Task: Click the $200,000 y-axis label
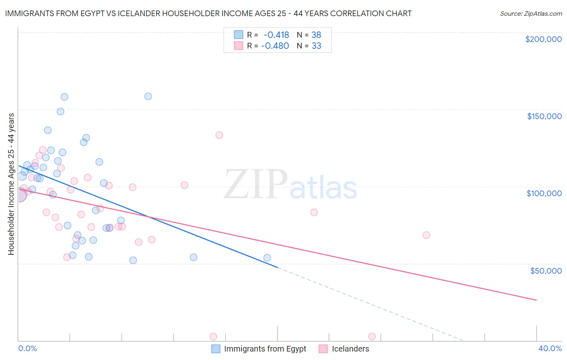(x=543, y=39)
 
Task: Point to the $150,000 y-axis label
(x=544, y=116)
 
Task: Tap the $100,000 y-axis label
(x=544, y=194)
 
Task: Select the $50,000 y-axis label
(x=546, y=271)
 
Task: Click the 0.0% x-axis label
(x=27, y=349)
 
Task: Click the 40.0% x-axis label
(x=550, y=348)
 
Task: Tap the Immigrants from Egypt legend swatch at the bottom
(x=216, y=349)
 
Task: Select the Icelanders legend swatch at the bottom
(x=323, y=349)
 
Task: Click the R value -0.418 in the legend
(x=276, y=35)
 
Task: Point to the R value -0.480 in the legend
(x=275, y=46)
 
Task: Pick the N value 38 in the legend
(x=316, y=35)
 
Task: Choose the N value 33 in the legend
(x=316, y=46)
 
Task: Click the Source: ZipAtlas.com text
(x=531, y=13)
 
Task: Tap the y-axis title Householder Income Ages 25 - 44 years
(x=11, y=184)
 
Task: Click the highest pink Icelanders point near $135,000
(x=219, y=135)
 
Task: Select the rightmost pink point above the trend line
(x=427, y=235)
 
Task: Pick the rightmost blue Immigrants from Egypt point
(x=267, y=258)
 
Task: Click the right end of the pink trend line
(x=537, y=300)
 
